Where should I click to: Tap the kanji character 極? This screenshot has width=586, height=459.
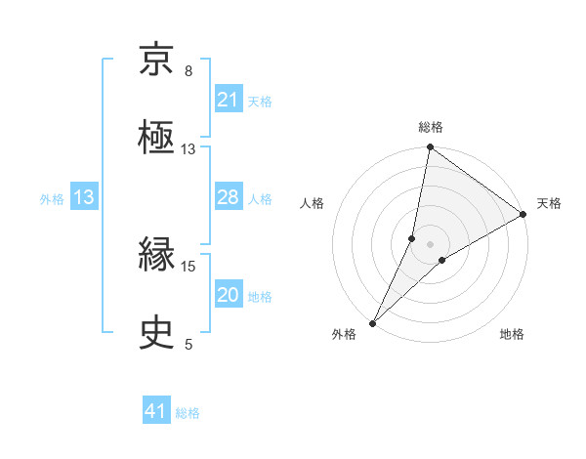(x=156, y=138)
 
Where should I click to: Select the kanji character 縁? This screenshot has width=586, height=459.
(x=156, y=256)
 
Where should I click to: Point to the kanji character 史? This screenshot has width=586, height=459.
(x=156, y=333)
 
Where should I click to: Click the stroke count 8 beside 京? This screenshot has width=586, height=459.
(x=188, y=71)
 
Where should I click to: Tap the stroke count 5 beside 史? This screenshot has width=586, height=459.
(x=188, y=344)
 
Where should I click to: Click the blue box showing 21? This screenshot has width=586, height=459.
(x=228, y=100)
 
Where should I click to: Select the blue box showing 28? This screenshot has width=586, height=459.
(x=228, y=197)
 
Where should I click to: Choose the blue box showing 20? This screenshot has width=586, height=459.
(x=228, y=295)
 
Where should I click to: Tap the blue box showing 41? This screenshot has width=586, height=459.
(x=156, y=412)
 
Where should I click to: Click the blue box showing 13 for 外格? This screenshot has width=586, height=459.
(x=84, y=197)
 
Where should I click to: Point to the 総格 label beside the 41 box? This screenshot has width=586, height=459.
(x=188, y=413)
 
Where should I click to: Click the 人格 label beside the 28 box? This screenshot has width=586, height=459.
(x=260, y=198)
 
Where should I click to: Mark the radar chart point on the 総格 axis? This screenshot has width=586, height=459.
(x=430, y=148)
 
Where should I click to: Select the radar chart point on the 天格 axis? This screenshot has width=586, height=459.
(x=523, y=215)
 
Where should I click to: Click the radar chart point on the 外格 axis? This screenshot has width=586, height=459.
(x=372, y=322)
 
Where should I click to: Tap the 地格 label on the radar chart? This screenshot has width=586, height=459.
(x=512, y=335)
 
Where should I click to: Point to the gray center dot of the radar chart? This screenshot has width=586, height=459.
(x=430, y=243)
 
